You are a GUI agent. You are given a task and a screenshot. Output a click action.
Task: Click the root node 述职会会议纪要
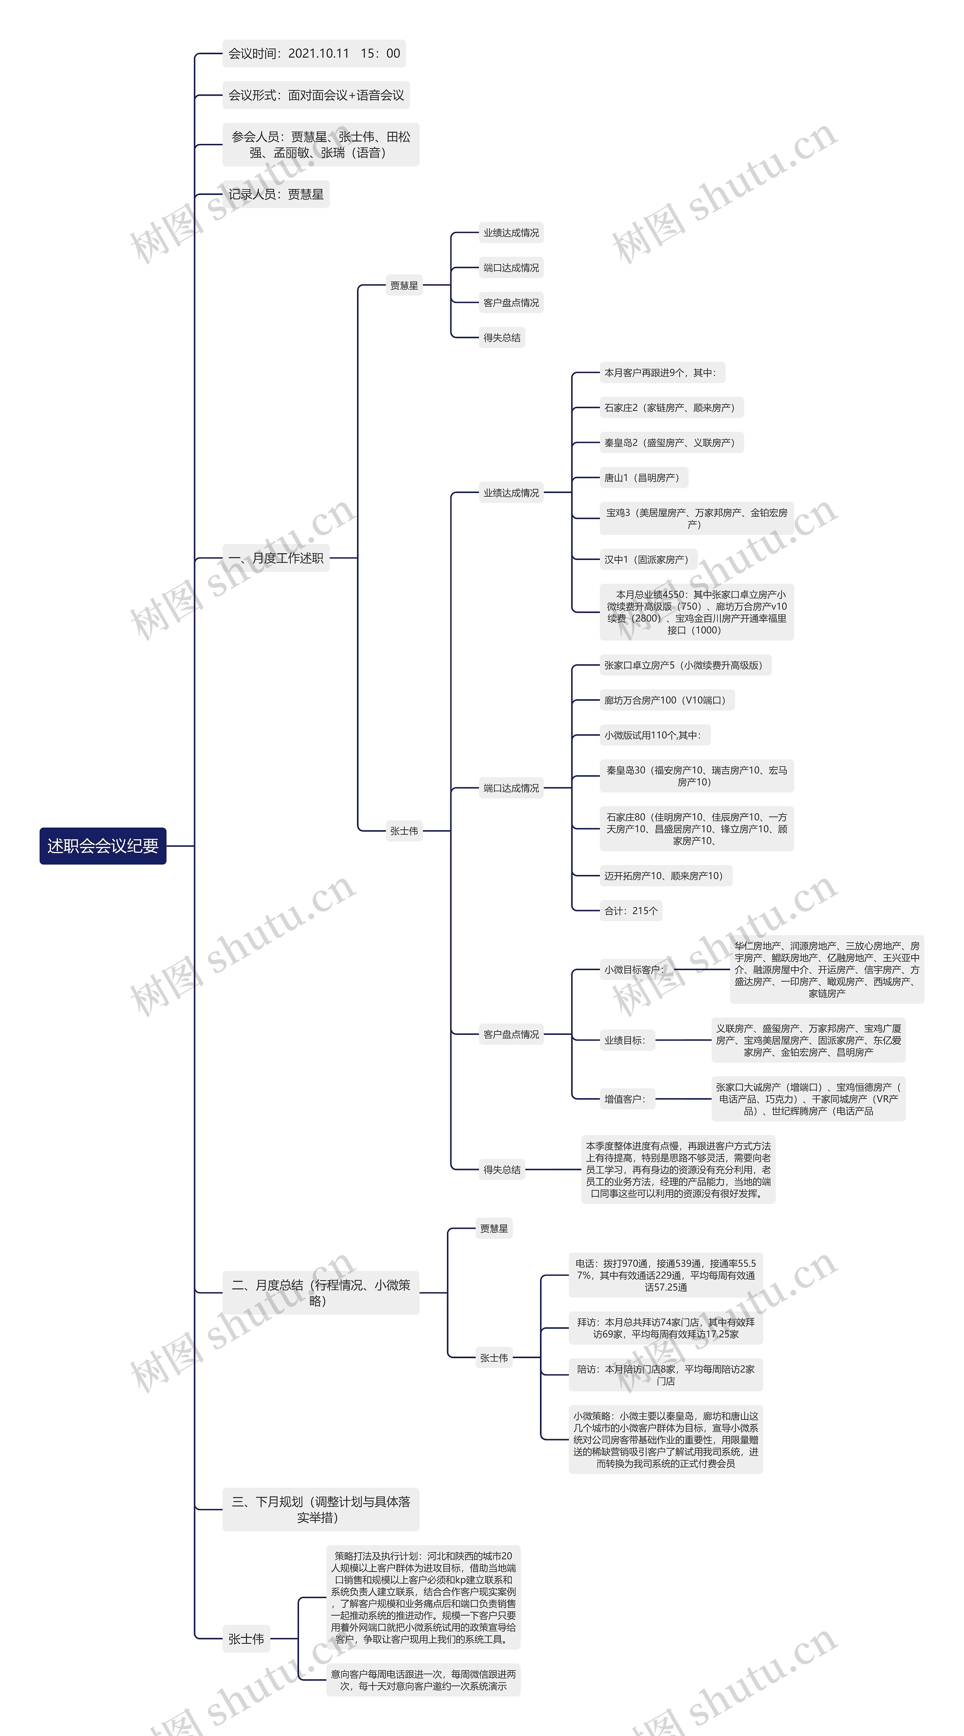pyautogui.click(x=102, y=845)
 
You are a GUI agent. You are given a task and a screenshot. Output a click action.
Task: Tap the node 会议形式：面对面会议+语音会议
pyautogui.click(x=316, y=95)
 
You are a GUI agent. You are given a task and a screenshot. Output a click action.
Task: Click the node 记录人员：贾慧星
pyautogui.click(x=276, y=194)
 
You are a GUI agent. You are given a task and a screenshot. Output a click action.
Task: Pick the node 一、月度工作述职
pyautogui.click(x=276, y=558)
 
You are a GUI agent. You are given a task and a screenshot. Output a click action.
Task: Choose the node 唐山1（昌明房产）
pyautogui.click(x=641, y=478)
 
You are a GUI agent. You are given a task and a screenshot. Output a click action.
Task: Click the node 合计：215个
pyautogui.click(x=630, y=910)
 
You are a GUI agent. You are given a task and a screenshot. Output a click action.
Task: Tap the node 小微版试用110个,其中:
pyautogui.click(x=652, y=735)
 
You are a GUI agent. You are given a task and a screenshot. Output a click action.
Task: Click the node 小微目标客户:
pyautogui.click(x=634, y=970)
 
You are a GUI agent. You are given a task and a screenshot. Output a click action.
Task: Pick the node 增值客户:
pyautogui.click(x=624, y=1099)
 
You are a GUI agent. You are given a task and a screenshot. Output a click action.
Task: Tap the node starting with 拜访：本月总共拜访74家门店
pyautogui.click(x=665, y=1328)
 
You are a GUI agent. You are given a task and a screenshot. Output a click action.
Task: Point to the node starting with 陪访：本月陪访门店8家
pyautogui.click(x=665, y=1375)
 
